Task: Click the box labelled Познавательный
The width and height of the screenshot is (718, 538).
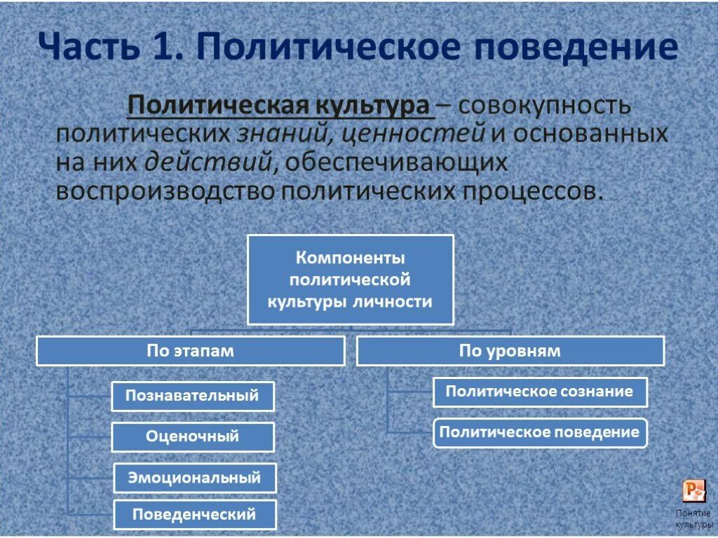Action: coord(192,396)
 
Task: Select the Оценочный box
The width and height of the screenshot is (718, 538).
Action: coord(192,437)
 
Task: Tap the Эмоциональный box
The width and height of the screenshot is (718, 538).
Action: coord(194,478)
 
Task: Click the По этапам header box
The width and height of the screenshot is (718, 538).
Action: coord(190,351)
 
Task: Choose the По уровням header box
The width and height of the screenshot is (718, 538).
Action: coord(510,351)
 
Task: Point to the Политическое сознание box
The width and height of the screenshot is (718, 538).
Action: coord(539,392)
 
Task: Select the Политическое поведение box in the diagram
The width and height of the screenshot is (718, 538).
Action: coord(539,432)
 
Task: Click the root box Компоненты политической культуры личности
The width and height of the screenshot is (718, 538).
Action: coord(351,280)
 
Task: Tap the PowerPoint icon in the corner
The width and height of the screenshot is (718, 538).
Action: coord(693,490)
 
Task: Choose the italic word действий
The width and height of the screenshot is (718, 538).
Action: coord(209,162)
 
